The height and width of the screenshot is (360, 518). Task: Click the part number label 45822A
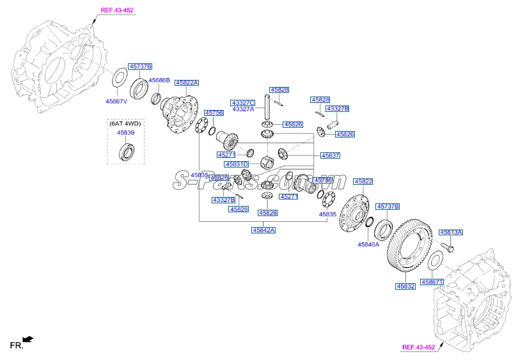187,83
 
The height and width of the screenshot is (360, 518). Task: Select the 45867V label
117,100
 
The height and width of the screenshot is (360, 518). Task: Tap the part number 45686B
159,81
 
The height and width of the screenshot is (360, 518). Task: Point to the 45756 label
214,113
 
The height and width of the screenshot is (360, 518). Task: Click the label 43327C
243,102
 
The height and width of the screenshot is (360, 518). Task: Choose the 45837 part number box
331,155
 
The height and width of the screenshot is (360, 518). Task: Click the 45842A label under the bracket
263,230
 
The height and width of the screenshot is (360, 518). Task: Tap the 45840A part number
368,244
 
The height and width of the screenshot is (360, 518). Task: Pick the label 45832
405,287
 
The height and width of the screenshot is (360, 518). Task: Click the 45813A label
450,232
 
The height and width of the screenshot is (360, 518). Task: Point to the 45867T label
432,282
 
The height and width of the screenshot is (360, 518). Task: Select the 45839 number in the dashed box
125,132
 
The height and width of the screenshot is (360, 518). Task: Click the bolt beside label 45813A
448,246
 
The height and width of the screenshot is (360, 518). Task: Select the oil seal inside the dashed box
126,152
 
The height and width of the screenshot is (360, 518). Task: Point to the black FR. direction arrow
27,340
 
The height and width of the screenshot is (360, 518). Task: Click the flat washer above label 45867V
119,79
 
